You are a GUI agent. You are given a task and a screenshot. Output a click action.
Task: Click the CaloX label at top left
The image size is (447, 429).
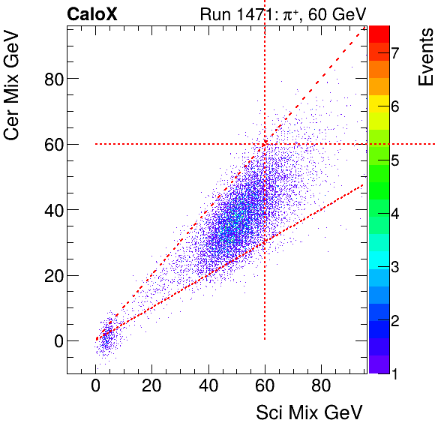(93, 13)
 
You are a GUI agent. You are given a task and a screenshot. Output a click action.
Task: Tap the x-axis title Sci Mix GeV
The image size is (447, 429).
(310, 412)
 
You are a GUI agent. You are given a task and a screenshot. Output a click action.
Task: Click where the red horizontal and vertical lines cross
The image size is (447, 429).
(265, 144)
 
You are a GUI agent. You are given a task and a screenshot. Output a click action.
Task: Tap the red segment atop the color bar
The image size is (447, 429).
(379, 34)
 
